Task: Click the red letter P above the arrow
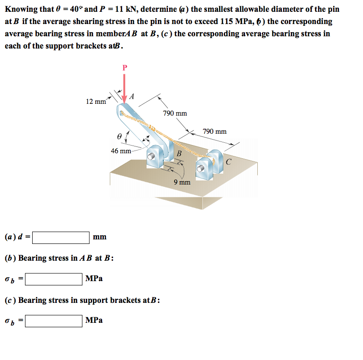tap(125, 68)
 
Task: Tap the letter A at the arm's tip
tap(132, 96)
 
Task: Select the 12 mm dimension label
tap(96, 102)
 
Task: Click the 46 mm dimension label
tap(121, 151)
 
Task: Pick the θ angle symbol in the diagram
tap(119, 135)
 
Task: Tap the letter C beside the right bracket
tap(228, 161)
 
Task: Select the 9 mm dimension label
tap(182, 182)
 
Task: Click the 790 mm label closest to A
tap(175, 113)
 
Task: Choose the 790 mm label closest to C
tap(215, 131)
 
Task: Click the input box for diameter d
tap(61, 237)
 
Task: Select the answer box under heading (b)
tap(54, 278)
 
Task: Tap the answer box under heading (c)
tap(54, 321)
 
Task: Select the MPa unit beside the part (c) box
tap(94, 320)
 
